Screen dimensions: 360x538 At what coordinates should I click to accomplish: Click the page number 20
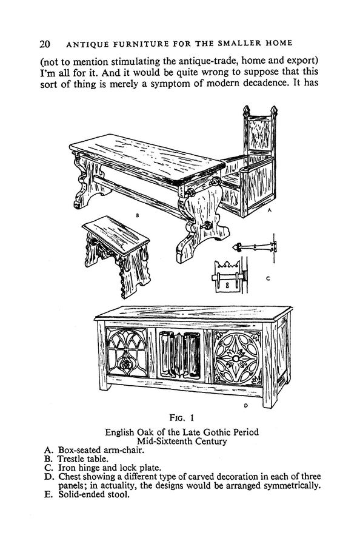click(45, 44)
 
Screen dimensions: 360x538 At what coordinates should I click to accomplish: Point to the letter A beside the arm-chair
click(270, 210)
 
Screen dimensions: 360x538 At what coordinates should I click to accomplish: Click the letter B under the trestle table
click(137, 215)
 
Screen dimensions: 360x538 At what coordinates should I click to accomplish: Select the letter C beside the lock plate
click(268, 278)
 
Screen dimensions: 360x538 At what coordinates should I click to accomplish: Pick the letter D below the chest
click(246, 406)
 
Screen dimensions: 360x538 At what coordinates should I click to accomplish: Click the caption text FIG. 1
click(182, 417)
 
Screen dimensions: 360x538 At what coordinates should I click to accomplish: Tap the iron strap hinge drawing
click(255, 247)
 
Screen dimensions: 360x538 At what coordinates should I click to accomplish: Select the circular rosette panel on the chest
click(236, 358)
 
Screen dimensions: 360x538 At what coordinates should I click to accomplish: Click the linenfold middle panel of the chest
click(180, 354)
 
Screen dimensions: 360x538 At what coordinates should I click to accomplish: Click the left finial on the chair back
click(246, 111)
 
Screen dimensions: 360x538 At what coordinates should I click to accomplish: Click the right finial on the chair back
click(273, 111)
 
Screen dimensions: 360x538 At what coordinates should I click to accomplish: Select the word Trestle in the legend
click(71, 459)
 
